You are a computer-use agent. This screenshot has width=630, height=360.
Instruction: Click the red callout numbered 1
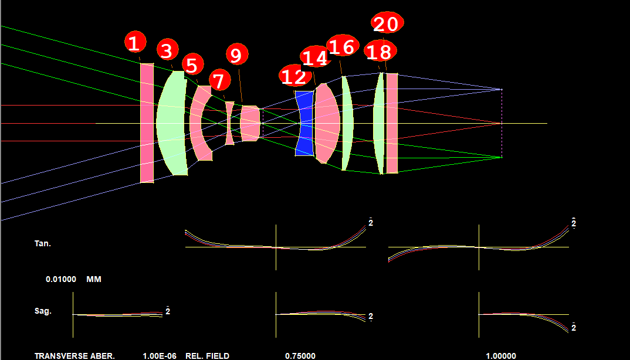pos(135,42)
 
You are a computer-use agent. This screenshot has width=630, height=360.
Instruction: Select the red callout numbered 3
pos(167,50)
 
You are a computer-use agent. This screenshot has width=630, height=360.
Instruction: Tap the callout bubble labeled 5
pos(193,64)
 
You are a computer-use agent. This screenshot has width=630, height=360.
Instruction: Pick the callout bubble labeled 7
pos(219,80)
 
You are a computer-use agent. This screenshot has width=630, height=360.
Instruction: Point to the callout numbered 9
pos(237,55)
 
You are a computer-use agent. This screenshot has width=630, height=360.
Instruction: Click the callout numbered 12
pos(295,76)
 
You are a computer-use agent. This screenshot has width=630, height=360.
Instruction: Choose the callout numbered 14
pos(316,57)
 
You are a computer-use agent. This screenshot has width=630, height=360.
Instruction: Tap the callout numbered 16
pos(343,46)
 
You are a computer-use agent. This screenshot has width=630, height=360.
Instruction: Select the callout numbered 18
pos(380,52)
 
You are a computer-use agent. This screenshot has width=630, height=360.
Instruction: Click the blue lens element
pos(304,123)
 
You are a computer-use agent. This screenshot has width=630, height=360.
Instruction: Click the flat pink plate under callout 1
pos(147,123)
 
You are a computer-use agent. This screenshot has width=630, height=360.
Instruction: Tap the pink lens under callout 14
pos(326,123)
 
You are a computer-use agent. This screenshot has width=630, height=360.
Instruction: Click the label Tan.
pos(43,243)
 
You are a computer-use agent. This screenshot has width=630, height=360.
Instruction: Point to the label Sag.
pos(43,311)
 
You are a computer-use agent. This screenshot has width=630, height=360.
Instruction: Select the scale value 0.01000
pos(61,279)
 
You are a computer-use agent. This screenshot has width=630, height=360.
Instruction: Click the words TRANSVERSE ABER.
pos(74,356)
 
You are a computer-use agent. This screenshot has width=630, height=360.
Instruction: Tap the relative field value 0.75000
pos(300,356)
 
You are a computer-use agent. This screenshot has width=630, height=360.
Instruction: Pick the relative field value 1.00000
pos(501,356)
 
